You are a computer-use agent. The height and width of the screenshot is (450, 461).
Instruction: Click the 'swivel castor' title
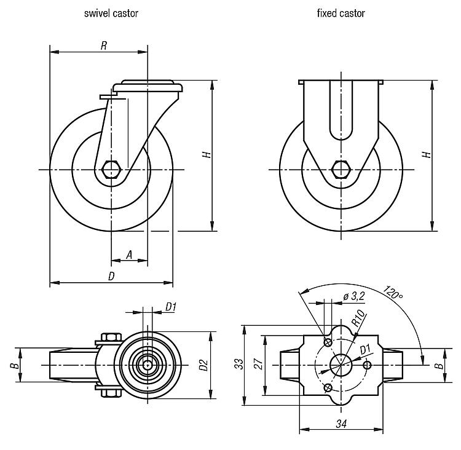point(111,13)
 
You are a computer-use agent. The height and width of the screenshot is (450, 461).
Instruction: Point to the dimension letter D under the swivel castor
point(111,276)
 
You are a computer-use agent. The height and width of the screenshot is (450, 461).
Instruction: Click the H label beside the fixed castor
point(427,155)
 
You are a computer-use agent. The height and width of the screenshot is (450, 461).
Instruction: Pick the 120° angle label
point(393,293)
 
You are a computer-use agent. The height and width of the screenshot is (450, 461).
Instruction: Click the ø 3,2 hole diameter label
point(355,296)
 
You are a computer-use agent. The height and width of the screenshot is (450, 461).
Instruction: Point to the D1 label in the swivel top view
point(171,307)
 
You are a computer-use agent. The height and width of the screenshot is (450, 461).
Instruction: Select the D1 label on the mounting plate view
point(365,350)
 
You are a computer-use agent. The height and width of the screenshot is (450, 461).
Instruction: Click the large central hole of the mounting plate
point(340,365)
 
